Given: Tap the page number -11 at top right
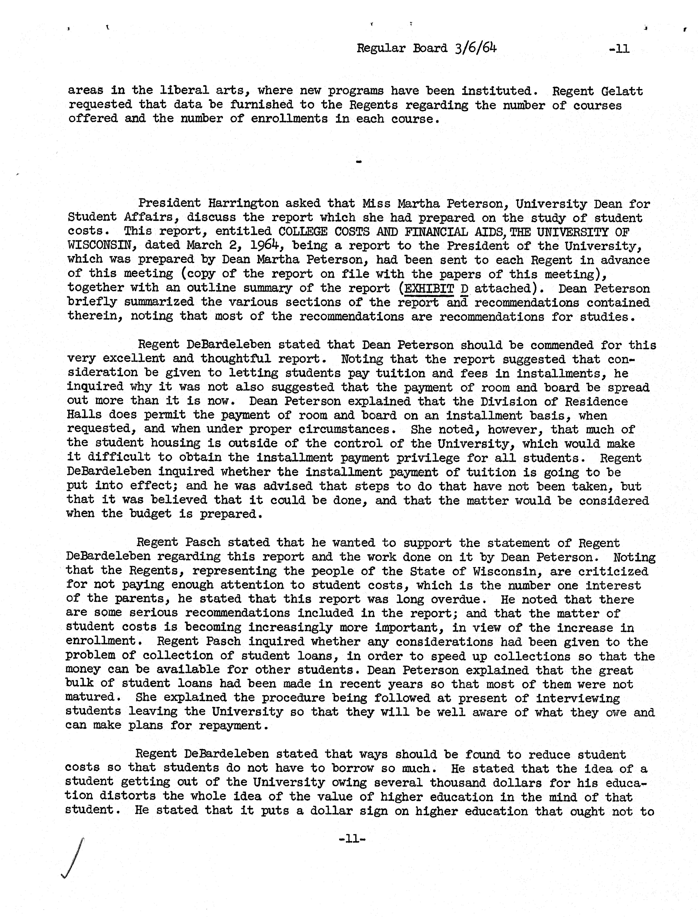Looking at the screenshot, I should pyautogui.click(x=619, y=49).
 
